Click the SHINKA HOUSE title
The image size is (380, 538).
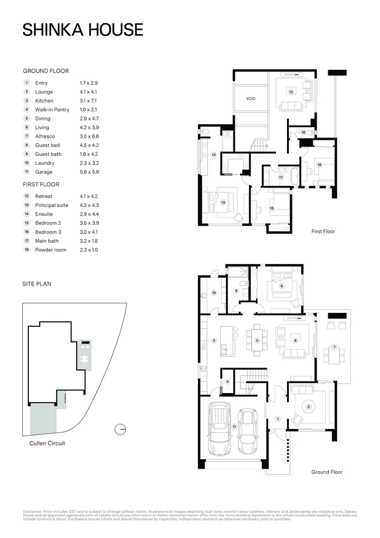(83, 30)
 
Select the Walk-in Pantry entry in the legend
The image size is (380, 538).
(52, 110)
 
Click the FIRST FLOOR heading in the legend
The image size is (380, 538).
(41, 184)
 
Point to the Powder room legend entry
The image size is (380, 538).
(50, 250)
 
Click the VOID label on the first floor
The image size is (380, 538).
(251, 99)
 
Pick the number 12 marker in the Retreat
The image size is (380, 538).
(291, 92)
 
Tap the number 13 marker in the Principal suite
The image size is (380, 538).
(223, 203)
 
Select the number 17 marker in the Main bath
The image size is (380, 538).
(281, 177)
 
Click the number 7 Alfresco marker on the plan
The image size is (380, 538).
(334, 347)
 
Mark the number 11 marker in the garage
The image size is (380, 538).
(234, 426)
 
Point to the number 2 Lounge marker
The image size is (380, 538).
(308, 406)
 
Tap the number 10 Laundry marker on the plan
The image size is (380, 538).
(214, 293)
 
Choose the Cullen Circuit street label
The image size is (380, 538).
(47, 443)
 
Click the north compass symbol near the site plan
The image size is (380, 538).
(119, 429)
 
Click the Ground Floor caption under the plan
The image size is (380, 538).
(326, 472)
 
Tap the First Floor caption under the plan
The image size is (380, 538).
(323, 231)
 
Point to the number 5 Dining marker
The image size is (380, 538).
(257, 340)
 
